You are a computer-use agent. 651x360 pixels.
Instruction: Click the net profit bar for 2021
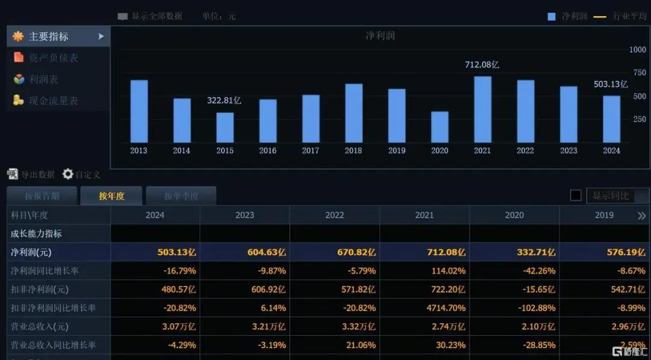pos(482,109)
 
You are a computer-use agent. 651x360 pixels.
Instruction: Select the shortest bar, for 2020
pos(439,127)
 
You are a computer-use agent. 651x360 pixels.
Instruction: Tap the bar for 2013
pos(139,111)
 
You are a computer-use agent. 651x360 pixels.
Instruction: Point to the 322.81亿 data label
pos(224,101)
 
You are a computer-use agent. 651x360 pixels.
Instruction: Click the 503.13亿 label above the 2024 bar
pos(611,84)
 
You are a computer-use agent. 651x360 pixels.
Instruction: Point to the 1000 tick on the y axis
pos(637,49)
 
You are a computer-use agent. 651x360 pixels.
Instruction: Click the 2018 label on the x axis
pos(353,151)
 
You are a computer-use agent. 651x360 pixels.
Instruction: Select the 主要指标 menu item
pos(49,36)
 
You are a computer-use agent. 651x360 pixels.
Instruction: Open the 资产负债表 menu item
pos(53,58)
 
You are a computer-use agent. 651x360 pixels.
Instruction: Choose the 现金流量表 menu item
pos(53,101)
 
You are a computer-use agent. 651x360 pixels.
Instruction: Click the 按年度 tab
pos(112,196)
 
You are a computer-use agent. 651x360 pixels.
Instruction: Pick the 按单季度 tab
pos(181,196)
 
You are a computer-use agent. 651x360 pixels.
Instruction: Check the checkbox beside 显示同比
pos(576,195)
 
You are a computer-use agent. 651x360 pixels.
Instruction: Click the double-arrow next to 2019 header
pos(641,215)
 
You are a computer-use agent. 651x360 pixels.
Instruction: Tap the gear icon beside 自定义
pos(68,174)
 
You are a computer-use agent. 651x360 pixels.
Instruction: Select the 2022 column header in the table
pos(335,215)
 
